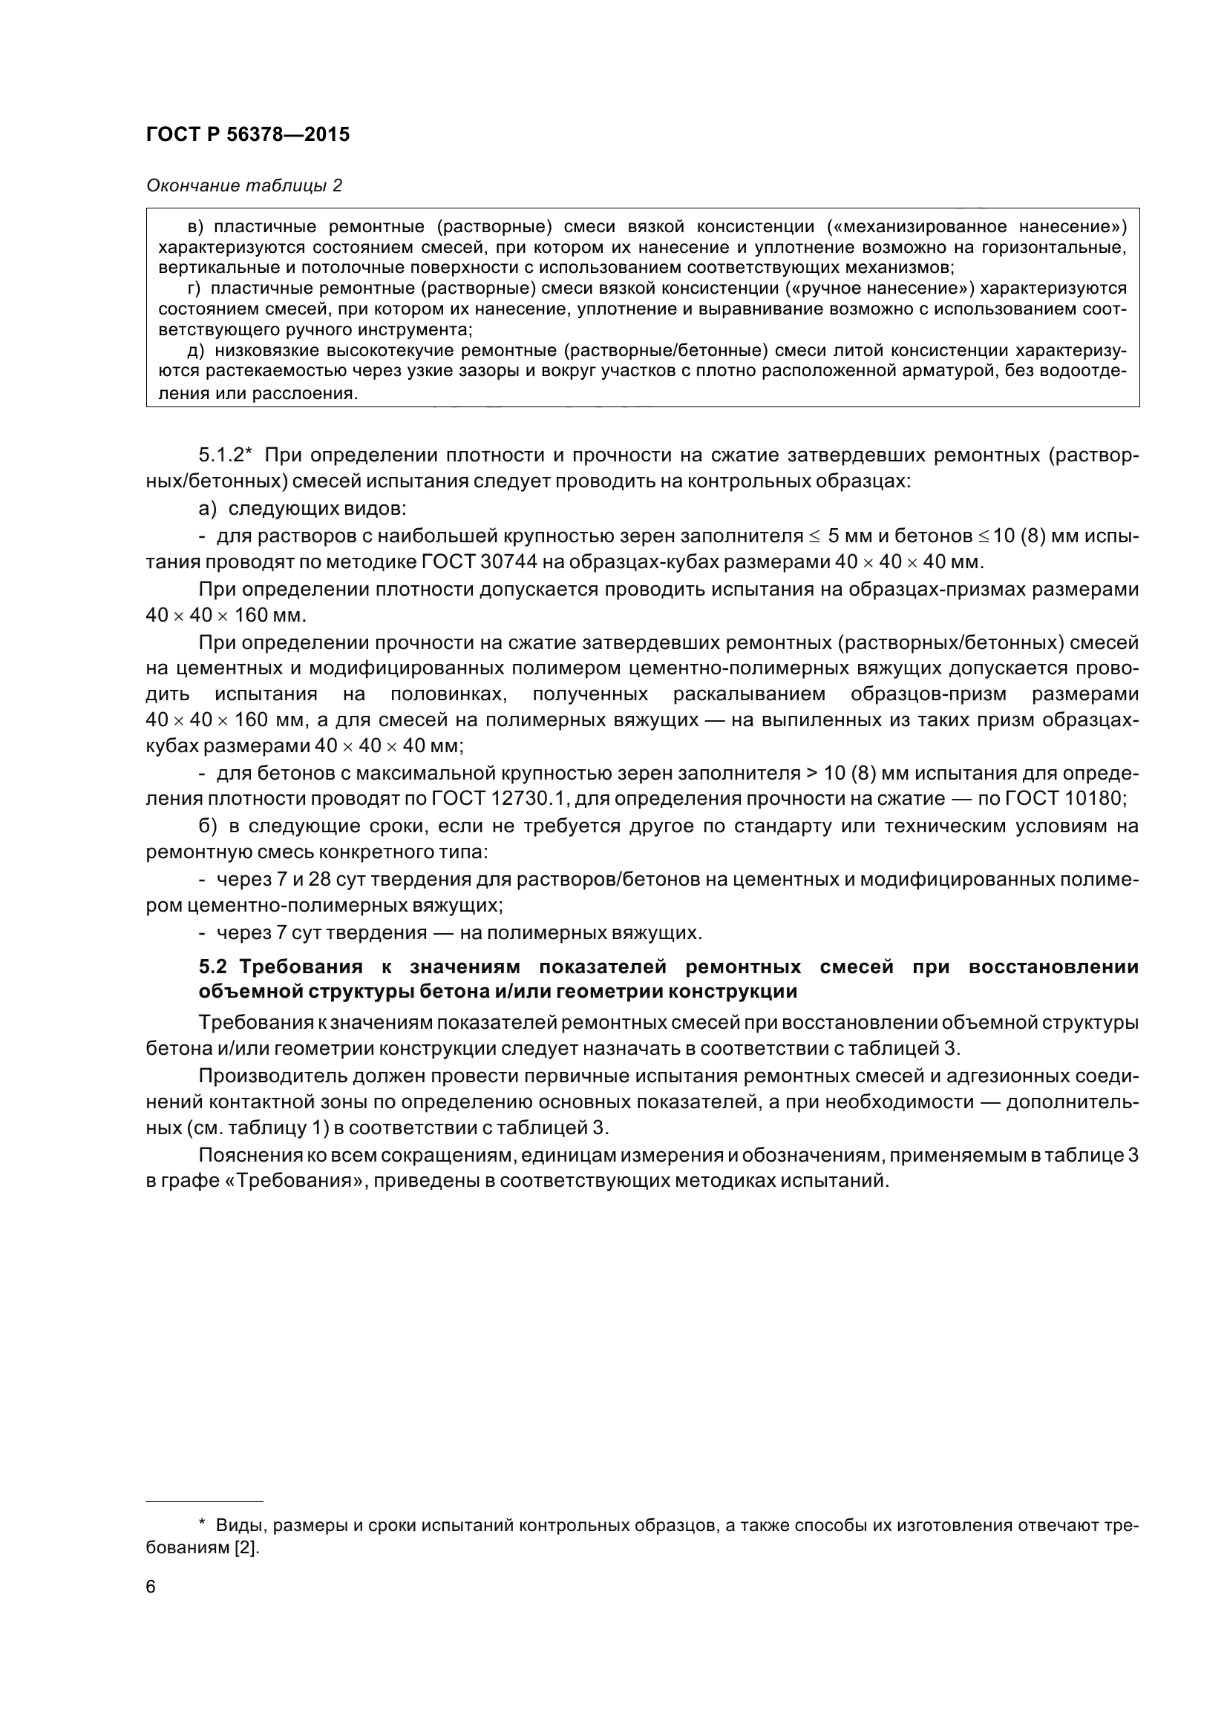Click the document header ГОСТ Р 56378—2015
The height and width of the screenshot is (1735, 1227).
[248, 134]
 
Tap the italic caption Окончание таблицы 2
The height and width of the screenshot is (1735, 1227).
[243, 185]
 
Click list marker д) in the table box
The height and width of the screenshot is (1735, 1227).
[196, 350]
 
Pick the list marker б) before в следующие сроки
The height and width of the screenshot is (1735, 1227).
[208, 826]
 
